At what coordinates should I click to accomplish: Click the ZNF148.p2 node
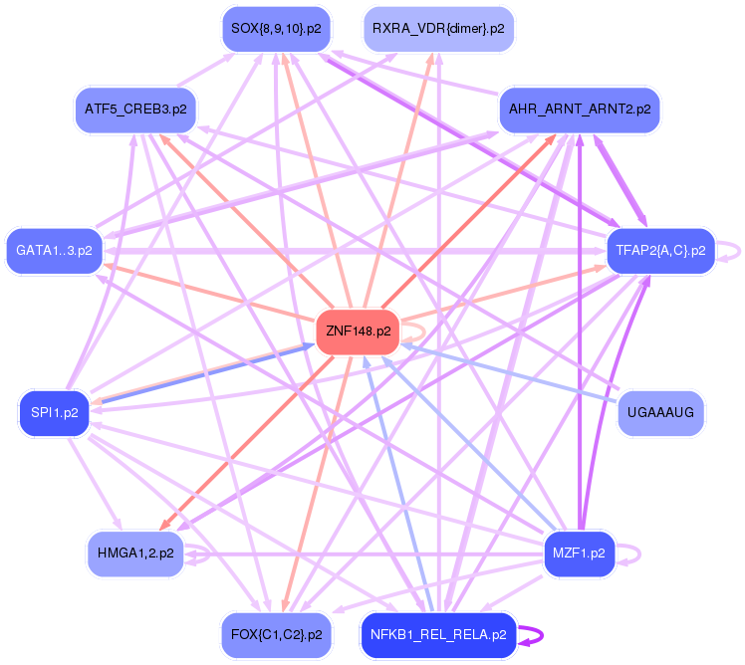(x=358, y=332)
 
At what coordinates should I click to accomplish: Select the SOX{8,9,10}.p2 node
(x=276, y=29)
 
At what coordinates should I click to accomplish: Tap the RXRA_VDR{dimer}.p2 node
(x=438, y=29)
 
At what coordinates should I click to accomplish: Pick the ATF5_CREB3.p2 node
(x=135, y=110)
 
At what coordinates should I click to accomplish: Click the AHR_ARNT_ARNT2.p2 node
(x=580, y=110)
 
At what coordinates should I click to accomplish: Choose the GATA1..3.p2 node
(x=54, y=251)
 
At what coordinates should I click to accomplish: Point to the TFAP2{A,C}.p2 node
(x=661, y=251)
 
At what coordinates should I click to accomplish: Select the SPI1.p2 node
(x=54, y=413)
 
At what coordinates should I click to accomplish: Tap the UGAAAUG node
(x=661, y=413)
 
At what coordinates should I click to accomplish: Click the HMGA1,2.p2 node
(x=135, y=554)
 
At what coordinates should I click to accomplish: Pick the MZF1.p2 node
(x=580, y=554)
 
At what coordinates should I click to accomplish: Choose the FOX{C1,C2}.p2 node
(x=276, y=635)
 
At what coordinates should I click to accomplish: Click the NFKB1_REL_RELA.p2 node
(x=438, y=635)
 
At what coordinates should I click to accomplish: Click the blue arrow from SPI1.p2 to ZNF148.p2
(x=208, y=374)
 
